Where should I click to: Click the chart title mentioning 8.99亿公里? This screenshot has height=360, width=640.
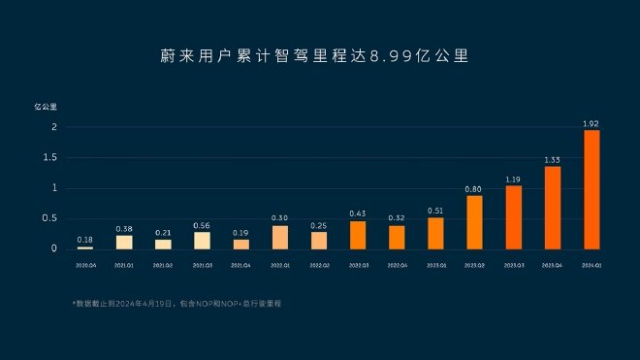(x=319, y=55)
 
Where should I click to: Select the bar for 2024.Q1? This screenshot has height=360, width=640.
(x=591, y=189)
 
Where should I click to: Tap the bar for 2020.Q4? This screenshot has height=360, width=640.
(x=85, y=247)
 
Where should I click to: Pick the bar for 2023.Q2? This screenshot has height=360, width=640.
(x=474, y=222)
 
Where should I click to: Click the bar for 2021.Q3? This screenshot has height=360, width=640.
(x=202, y=241)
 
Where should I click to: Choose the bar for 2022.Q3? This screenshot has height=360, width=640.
(x=358, y=235)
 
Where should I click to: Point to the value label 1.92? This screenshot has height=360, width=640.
(x=591, y=123)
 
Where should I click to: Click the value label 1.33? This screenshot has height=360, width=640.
(x=552, y=159)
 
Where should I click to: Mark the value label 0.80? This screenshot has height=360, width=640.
(x=474, y=188)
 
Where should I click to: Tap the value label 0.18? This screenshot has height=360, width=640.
(x=85, y=239)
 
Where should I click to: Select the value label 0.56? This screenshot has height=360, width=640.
(x=202, y=225)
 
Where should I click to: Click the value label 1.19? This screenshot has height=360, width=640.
(x=513, y=179)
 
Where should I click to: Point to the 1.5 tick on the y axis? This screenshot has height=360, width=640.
(x=51, y=157)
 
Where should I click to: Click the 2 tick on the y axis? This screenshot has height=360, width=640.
(x=54, y=127)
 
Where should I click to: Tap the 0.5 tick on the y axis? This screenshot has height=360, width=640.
(x=51, y=218)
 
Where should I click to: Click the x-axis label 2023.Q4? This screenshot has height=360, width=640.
(x=552, y=263)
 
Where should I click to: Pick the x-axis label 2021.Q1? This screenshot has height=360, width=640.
(x=124, y=263)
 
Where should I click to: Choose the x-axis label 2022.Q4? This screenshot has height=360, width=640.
(x=397, y=263)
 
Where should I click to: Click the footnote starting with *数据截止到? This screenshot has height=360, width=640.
(x=182, y=304)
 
